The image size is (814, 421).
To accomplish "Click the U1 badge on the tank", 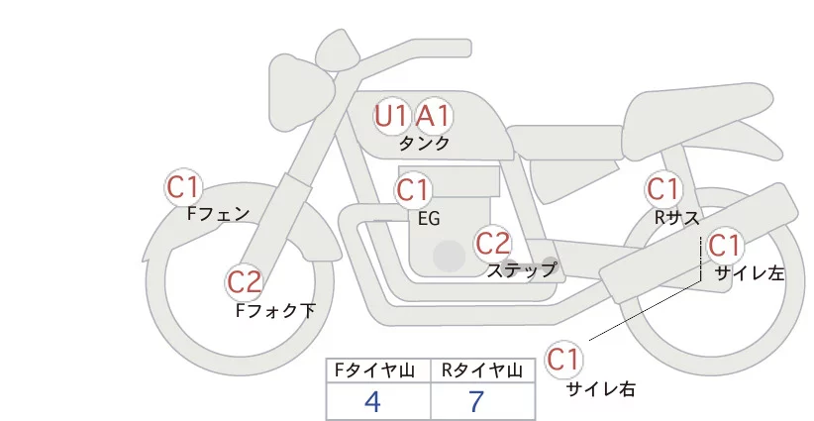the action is [391, 116].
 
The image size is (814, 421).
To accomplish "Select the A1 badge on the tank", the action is [432, 116].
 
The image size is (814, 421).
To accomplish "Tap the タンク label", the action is [424, 143].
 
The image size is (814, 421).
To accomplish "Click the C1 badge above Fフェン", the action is [183, 186].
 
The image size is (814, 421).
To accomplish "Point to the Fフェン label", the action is [218, 212].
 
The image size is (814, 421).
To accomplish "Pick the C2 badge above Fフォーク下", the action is [245, 283].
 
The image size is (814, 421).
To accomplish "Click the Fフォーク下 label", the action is [275, 310].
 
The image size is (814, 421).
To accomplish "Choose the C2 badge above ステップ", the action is [492, 243].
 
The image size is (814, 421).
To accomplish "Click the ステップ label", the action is [522, 268].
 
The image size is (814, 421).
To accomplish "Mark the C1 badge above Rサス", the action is [662, 188].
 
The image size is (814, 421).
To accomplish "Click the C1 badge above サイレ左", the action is [724, 246].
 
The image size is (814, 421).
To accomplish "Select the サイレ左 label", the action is [749, 273].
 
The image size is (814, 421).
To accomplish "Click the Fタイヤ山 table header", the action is [378, 370].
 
